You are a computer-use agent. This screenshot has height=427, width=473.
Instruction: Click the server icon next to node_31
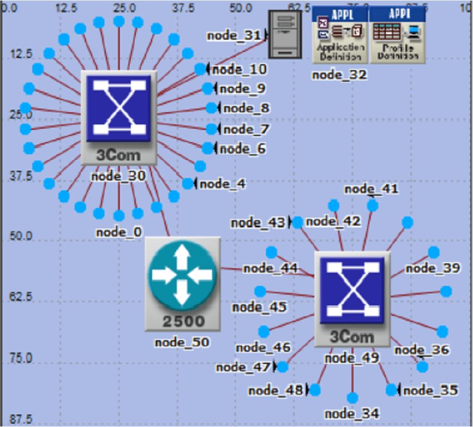pos(284,34)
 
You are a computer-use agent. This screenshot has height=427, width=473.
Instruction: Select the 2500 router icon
pos(183,284)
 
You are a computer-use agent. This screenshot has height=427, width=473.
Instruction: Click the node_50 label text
pos(182,342)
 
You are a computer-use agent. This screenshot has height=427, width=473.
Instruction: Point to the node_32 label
pos(339,75)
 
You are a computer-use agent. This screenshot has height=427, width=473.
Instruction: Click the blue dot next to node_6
pos(208,148)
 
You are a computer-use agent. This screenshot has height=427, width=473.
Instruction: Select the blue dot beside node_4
pos(188,184)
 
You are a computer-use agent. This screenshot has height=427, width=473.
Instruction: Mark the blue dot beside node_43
pos(297,222)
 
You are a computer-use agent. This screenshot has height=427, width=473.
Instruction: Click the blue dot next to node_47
pos(282,366)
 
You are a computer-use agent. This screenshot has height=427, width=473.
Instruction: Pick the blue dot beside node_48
pos(314,390)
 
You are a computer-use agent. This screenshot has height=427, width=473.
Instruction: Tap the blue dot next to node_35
pos(391,390)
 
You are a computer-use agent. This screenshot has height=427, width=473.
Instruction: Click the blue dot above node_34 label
pos(352,398)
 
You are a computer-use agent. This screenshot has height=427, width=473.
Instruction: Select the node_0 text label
pos(119,232)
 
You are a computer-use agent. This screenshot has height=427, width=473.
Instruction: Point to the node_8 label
pos(246,108)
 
